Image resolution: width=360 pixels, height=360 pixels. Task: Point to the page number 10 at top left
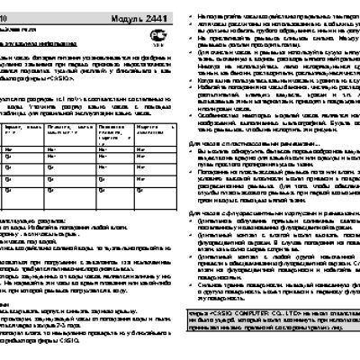pyautogui.click(x=4, y=20)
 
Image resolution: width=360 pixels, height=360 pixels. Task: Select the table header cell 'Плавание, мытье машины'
pyautogui.click(x=68, y=131)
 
